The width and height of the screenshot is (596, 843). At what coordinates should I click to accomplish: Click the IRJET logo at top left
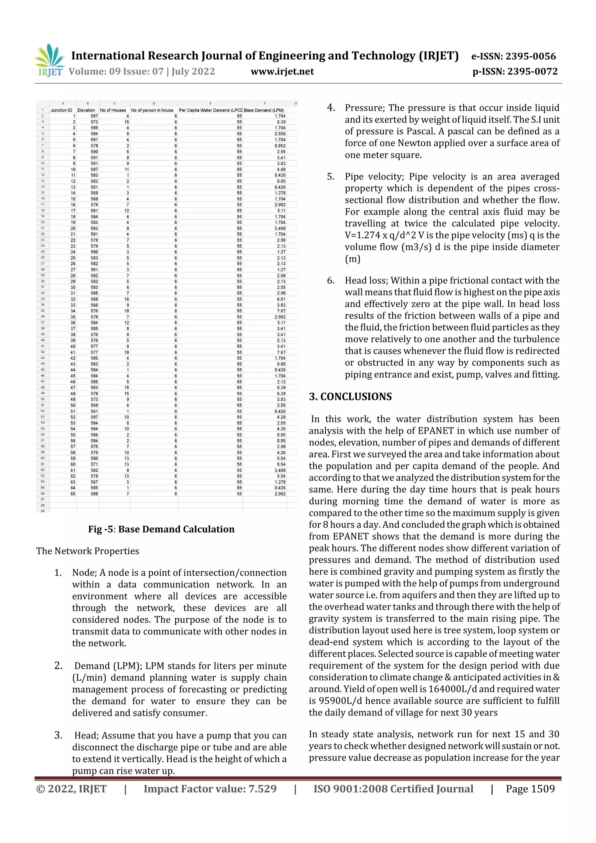point(49,61)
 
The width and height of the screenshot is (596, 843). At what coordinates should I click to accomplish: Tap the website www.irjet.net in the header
point(282,71)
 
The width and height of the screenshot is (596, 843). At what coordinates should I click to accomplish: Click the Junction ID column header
point(61,110)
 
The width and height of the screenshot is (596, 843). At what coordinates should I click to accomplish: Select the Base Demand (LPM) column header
point(264,110)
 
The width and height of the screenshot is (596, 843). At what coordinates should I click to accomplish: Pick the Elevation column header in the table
point(86,110)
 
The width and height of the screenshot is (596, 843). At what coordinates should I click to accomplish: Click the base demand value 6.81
point(281,299)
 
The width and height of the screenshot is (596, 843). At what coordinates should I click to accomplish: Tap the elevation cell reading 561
point(94,411)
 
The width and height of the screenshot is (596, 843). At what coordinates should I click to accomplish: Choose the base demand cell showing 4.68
point(281,170)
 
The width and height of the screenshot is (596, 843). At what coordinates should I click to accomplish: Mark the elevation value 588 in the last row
point(94,494)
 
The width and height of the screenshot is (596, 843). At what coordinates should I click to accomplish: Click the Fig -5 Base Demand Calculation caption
point(161,529)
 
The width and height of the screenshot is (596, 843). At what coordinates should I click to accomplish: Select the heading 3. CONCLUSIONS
point(350,397)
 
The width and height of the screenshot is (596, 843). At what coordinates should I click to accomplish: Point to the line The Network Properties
point(87,551)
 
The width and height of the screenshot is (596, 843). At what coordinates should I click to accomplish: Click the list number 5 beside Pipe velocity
point(331,177)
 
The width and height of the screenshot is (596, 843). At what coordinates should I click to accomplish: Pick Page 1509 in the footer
point(530,789)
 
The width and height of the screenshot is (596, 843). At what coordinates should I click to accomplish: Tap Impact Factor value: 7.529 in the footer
point(210,789)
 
